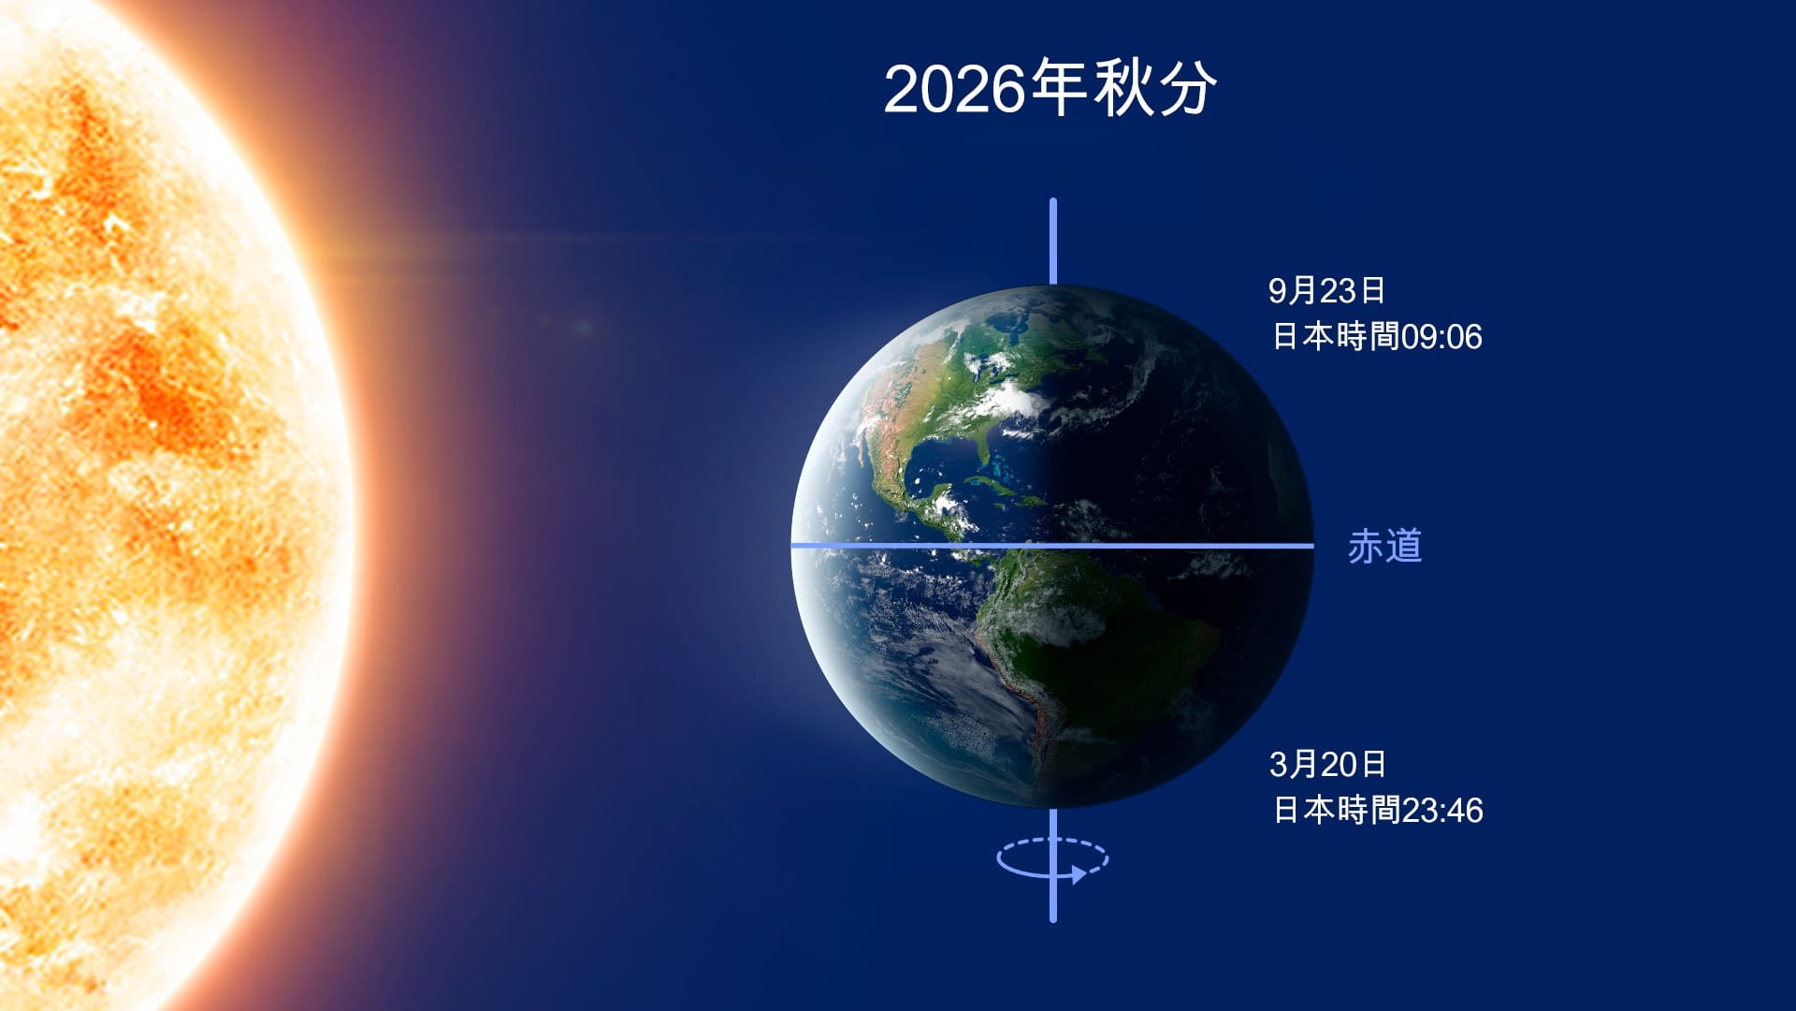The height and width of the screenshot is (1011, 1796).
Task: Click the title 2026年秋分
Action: click(x=1050, y=89)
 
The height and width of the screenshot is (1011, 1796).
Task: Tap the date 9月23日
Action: click(x=1325, y=291)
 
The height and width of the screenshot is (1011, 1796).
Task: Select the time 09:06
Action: click(x=1441, y=337)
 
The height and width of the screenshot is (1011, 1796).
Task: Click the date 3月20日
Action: click(x=1326, y=765)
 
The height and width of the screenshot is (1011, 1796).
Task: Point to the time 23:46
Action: click(x=1441, y=811)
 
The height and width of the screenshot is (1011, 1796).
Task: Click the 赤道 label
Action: click(x=1384, y=547)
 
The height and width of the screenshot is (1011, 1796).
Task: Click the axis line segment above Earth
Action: click(x=1053, y=241)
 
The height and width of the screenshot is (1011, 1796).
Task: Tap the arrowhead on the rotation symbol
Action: click(x=1079, y=875)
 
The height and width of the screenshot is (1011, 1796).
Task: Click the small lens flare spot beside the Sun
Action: click(x=583, y=327)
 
